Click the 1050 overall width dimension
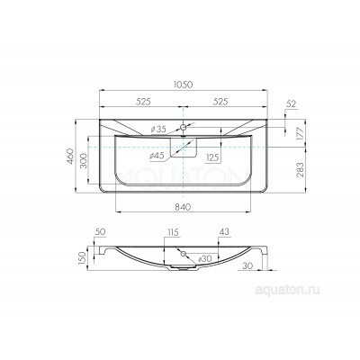(x=183, y=85)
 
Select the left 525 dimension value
(x=143, y=102)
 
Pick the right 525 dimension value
(x=220, y=102)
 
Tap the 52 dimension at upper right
(x=291, y=104)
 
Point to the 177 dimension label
(x=301, y=133)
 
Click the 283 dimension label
(x=301, y=170)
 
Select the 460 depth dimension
(x=70, y=156)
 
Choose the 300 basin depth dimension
(x=84, y=160)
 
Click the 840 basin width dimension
(x=183, y=207)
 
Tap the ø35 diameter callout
(x=158, y=130)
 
